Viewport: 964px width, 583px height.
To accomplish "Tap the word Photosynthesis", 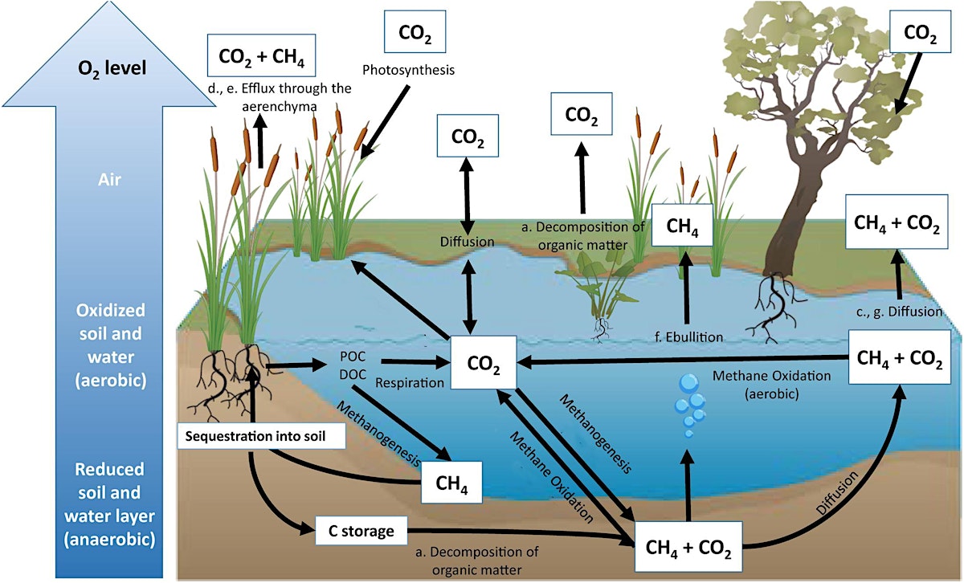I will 408,70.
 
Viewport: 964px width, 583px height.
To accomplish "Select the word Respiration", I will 410,383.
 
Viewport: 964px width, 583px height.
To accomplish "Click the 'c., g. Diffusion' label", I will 897,312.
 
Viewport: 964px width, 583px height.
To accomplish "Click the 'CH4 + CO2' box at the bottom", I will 688,549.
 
